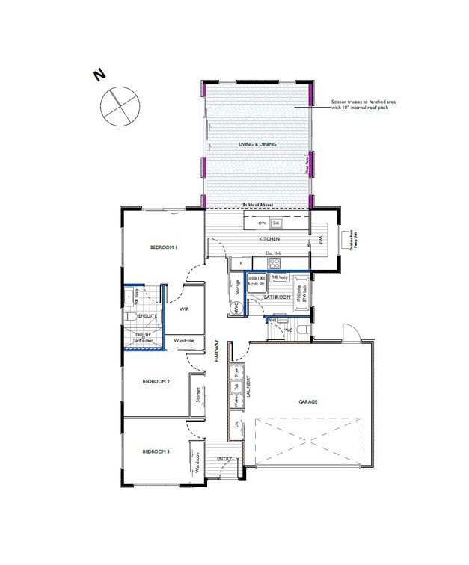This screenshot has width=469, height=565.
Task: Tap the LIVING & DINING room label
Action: click(256, 143)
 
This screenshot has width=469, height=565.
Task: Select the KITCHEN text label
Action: click(269, 239)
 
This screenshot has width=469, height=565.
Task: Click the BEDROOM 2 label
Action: click(156, 382)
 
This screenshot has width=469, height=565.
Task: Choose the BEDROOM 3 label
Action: click(156, 451)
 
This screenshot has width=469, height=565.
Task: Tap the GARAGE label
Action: click(308, 402)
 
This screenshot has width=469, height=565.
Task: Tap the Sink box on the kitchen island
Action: click(275, 223)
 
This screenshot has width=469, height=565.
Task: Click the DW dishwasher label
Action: click(261, 223)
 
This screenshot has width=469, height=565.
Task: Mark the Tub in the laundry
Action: click(236, 387)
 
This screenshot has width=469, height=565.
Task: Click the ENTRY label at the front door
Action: click(224, 459)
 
